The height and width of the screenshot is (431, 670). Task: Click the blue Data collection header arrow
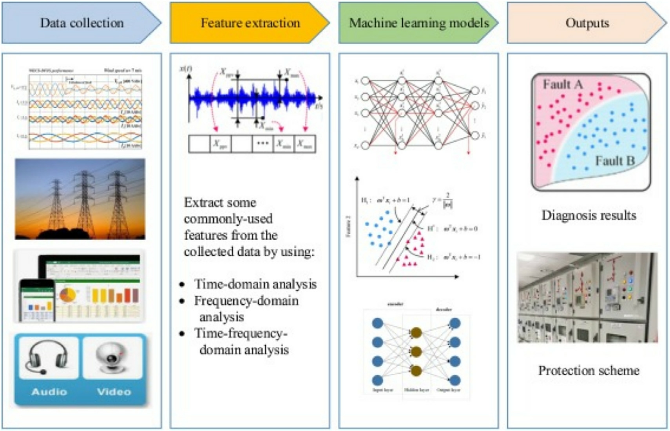tap(81, 23)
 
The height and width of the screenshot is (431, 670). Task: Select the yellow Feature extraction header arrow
tap(250, 23)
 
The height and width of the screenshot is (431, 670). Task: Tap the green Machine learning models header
tap(418, 23)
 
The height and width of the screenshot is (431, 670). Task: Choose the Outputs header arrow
tap(587, 23)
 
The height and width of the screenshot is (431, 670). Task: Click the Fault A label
tap(563, 84)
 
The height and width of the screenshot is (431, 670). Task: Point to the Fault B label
tap(614, 160)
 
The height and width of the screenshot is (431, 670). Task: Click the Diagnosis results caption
tap(589, 215)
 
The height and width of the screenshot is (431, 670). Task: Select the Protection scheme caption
tap(589, 370)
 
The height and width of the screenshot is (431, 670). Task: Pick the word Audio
tap(49, 391)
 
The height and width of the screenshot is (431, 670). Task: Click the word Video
tap(114, 391)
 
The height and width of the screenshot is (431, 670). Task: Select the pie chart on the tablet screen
tap(68, 295)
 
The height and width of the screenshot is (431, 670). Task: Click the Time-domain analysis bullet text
tap(255, 284)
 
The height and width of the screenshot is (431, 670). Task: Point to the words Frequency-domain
tap(246, 301)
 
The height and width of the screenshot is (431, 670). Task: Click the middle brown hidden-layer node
tap(416, 351)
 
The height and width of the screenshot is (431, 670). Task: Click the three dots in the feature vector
tap(263, 144)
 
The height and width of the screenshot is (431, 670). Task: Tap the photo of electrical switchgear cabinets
tap(587, 297)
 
